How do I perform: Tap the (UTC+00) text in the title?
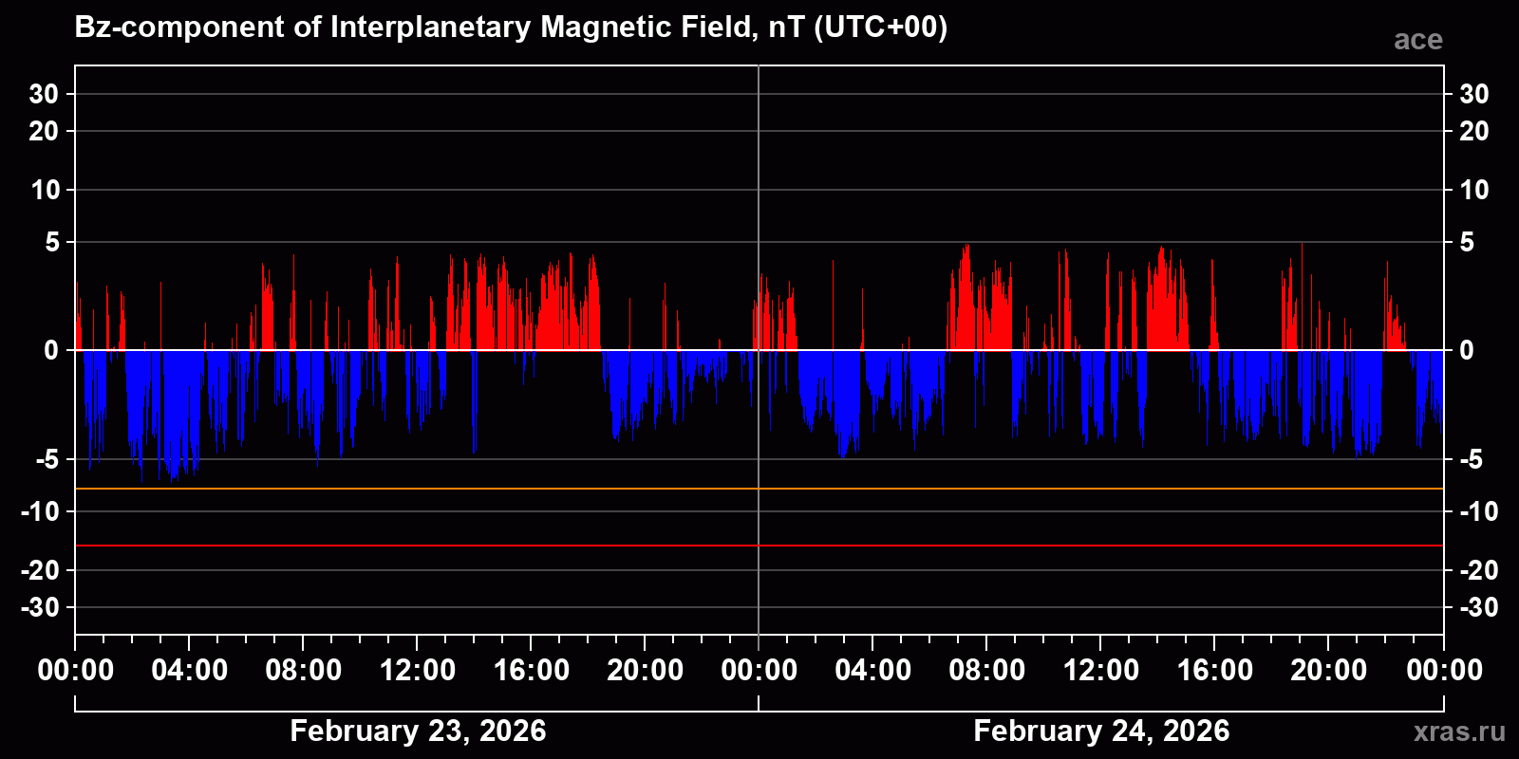pyautogui.click(x=880, y=27)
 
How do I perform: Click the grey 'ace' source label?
pyautogui.click(x=1417, y=40)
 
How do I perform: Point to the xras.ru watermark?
pyautogui.click(x=1458, y=731)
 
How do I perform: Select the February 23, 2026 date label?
pyautogui.click(x=418, y=731)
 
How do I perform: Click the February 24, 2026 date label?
pyautogui.click(x=1101, y=731)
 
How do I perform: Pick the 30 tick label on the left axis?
pyautogui.click(x=44, y=94)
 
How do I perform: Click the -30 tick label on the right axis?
pyautogui.click(x=1478, y=607)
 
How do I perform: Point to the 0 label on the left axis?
pyautogui.click(x=51, y=351)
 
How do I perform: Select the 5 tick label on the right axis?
pyautogui.click(x=1467, y=243)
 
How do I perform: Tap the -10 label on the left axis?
pyautogui.click(x=40, y=512)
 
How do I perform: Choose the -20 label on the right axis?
pyautogui.click(x=1478, y=570)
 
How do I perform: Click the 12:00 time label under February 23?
pyautogui.click(x=418, y=670)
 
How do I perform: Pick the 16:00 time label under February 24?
pyautogui.click(x=1215, y=670)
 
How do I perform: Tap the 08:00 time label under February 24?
pyautogui.click(x=987, y=670)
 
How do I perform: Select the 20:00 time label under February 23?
pyautogui.click(x=646, y=670)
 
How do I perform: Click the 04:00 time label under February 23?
pyautogui.click(x=190, y=670)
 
